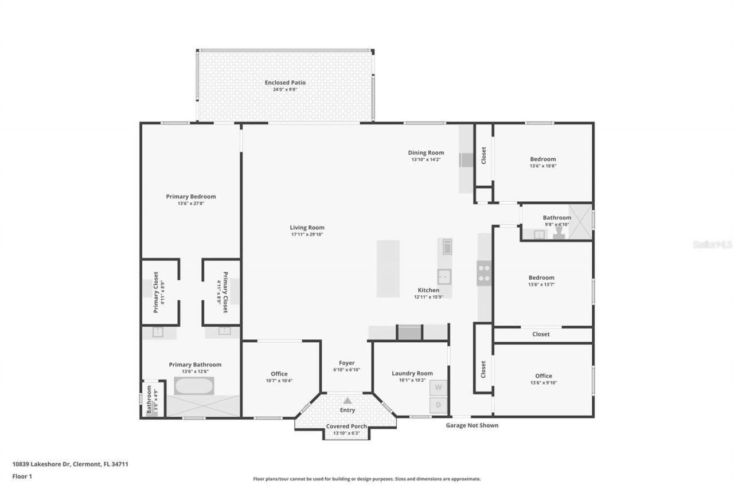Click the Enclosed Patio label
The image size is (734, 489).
pyautogui.click(x=285, y=83)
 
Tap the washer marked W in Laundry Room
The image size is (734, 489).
pyautogui.click(x=439, y=388)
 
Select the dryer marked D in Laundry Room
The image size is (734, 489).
pyautogui.click(x=439, y=405)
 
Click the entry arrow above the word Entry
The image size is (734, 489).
pyautogui.click(x=348, y=401)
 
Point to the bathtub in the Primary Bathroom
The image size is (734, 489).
pyautogui.click(x=194, y=386)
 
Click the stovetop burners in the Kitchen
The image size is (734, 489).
pyautogui.click(x=484, y=273)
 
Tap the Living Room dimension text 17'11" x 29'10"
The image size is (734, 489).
pyautogui.click(x=307, y=235)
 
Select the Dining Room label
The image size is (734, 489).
pyautogui.click(x=426, y=152)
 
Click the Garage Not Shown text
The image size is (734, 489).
pyautogui.click(x=472, y=425)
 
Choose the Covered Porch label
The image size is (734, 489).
pyautogui.click(x=347, y=427)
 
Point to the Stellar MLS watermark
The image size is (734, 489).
pyautogui.click(x=712, y=244)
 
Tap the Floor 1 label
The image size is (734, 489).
pyautogui.click(x=21, y=476)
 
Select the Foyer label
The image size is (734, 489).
pyautogui.click(x=347, y=363)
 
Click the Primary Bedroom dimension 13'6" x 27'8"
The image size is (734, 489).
pyautogui.click(x=191, y=204)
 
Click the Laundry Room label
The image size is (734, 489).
pyautogui.click(x=412, y=373)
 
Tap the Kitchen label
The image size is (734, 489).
pyautogui.click(x=428, y=290)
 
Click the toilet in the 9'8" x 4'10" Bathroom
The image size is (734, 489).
pyautogui.click(x=559, y=234)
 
